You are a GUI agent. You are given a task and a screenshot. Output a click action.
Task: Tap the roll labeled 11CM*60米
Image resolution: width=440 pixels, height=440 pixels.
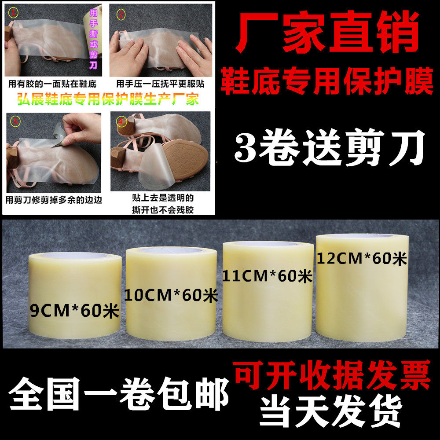268,292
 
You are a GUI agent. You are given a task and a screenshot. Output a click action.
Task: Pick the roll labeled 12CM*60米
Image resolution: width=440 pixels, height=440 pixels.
362,288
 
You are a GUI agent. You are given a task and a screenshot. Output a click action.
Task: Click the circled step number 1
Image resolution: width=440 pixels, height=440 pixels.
14,13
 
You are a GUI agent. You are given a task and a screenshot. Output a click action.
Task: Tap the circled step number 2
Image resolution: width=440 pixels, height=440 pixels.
121,14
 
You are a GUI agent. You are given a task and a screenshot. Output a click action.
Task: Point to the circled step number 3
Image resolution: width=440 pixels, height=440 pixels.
15,121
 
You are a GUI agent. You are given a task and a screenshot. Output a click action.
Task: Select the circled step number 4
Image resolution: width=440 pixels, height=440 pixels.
121,121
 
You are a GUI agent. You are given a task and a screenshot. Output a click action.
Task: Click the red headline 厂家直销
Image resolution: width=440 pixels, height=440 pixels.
327,31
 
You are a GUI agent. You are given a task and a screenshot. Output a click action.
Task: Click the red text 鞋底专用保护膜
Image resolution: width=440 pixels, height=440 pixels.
327,81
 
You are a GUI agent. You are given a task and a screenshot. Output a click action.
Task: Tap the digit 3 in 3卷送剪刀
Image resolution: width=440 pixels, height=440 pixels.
245,147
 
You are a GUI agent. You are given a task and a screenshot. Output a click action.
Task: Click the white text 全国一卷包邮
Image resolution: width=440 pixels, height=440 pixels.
119,394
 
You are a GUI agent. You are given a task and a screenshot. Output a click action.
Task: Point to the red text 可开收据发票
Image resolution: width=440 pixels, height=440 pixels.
332,375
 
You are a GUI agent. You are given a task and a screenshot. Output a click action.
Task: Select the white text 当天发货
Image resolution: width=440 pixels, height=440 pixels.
331,411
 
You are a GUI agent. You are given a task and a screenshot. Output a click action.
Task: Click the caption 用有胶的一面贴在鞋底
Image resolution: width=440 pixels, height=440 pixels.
52,84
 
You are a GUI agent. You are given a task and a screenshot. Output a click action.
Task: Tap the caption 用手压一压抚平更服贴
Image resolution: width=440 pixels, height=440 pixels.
160,84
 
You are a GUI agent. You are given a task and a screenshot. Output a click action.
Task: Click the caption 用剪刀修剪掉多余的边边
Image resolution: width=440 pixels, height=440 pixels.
54,200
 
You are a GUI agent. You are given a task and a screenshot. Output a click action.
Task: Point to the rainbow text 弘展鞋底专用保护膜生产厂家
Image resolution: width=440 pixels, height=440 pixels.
108,99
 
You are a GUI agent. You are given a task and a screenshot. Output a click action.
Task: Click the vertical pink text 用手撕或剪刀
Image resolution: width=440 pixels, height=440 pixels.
93,39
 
